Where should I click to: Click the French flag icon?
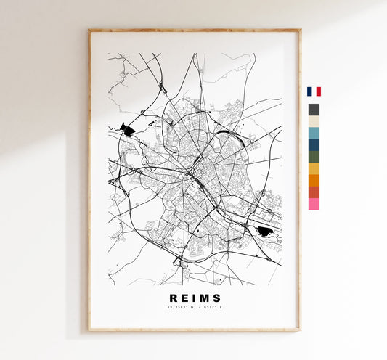[x=314, y=91]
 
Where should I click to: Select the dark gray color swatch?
[x=314, y=110]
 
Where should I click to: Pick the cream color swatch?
[x=314, y=121]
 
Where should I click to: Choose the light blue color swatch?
[x=314, y=133]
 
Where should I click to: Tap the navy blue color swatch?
[x=314, y=144]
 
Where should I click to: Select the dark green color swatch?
[x=314, y=156]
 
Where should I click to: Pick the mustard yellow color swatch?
[x=314, y=168]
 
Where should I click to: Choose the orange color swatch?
[x=314, y=180]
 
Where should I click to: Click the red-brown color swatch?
[x=314, y=192]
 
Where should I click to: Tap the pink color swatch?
[x=314, y=204]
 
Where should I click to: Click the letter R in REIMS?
[x=173, y=297]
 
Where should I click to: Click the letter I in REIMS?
[x=191, y=297]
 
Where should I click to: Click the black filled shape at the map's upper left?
[x=128, y=130]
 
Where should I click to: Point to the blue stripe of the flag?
[x=309, y=91]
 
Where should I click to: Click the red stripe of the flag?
[x=318, y=91]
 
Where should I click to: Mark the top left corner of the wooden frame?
[x=89, y=30]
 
